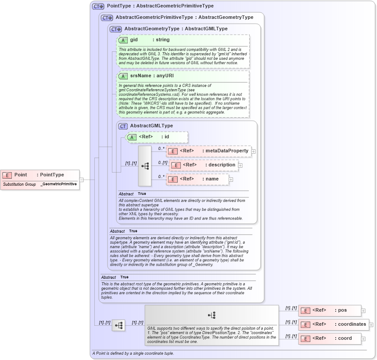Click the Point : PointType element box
point(39,175)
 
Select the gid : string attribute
point(149,40)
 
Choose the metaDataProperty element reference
point(208,151)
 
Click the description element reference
point(205,165)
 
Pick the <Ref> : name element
point(198,179)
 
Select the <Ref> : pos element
point(329,310)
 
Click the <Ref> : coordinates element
point(333,324)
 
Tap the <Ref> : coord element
point(329,338)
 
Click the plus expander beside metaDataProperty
point(254,151)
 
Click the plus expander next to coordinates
point(371,325)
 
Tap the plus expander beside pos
point(363,311)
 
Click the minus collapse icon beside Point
point(81,180)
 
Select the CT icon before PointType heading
point(98,6)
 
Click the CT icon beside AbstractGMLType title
point(123,126)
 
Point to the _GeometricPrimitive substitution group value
point(59,184)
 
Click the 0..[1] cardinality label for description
point(163,162)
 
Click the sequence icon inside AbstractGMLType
point(145,166)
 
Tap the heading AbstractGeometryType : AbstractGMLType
point(176,29)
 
